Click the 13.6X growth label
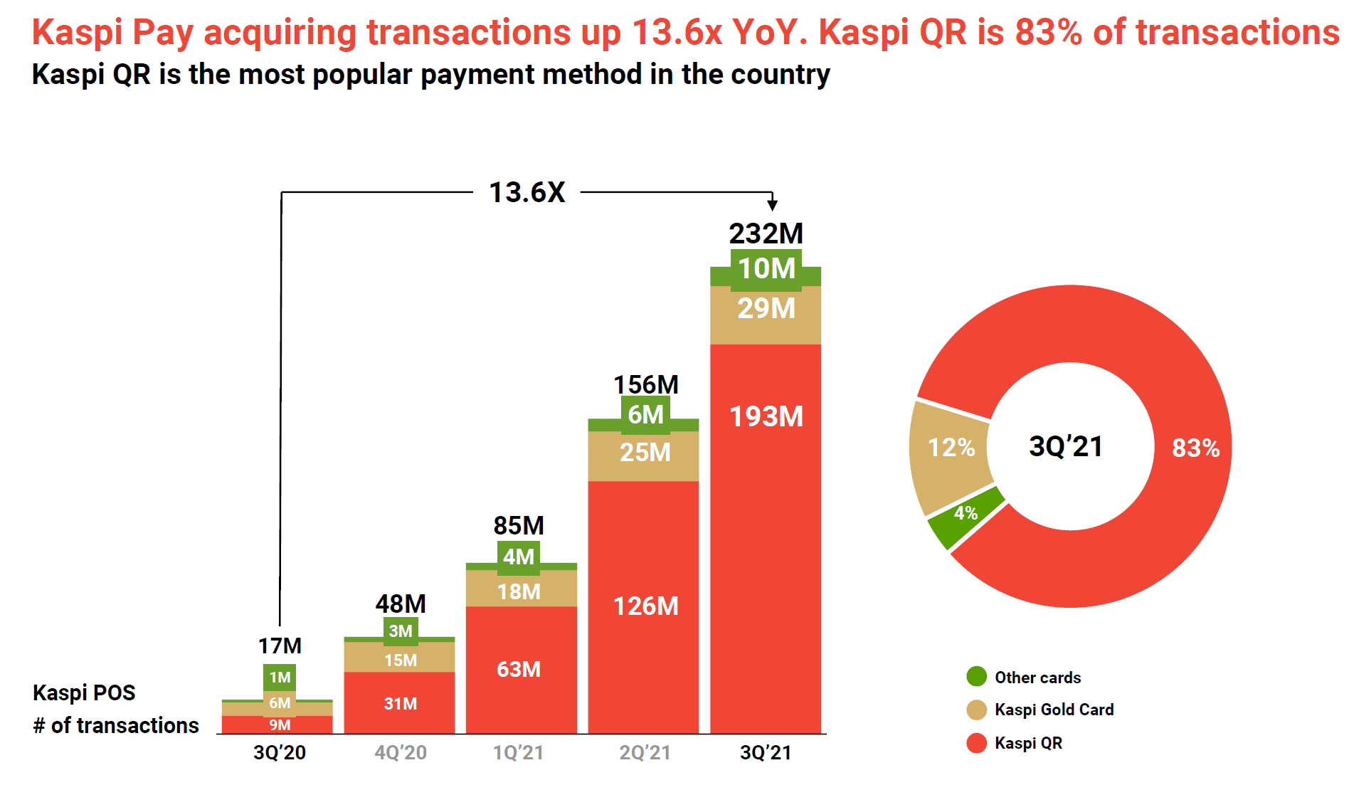pyautogui.click(x=527, y=192)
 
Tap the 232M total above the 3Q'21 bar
pyautogui.click(x=766, y=233)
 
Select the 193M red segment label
pyautogui.click(x=766, y=416)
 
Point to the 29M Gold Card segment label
pyautogui.click(x=766, y=308)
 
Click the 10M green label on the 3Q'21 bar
pyautogui.click(x=766, y=269)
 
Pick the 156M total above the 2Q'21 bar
pyautogui.click(x=645, y=384)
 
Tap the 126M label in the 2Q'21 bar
pyautogui.click(x=645, y=606)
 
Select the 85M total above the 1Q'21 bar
pyautogui.click(x=519, y=525)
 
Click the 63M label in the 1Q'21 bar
pyautogui.click(x=519, y=669)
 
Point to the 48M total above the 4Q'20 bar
pyautogui.click(x=401, y=604)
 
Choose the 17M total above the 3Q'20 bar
pyautogui.click(x=280, y=646)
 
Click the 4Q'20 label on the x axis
pyautogui.click(x=401, y=752)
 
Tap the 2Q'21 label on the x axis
pyautogui.click(x=645, y=752)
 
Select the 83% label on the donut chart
pyautogui.click(x=1195, y=448)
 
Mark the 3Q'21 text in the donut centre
pyautogui.click(x=1066, y=446)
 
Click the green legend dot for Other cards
pyautogui.click(x=976, y=676)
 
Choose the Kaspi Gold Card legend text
pyautogui.click(x=1054, y=710)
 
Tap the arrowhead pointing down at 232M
pyautogui.click(x=772, y=205)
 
